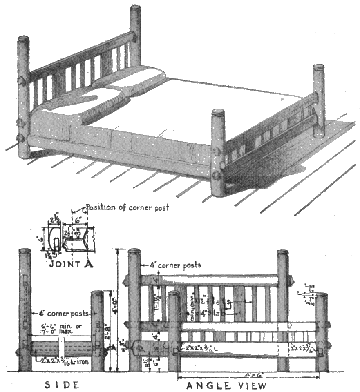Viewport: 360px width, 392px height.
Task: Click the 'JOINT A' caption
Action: (x=71, y=264)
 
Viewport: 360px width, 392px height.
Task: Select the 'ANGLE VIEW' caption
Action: (x=226, y=385)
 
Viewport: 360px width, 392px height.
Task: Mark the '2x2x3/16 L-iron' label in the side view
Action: (x=65, y=361)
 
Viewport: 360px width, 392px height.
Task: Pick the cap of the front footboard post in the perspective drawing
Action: (x=218, y=112)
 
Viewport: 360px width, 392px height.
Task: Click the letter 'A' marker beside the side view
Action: (x=109, y=348)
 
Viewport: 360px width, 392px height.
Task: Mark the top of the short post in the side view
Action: (x=97, y=293)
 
